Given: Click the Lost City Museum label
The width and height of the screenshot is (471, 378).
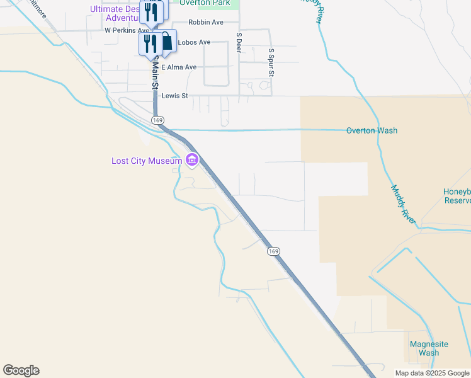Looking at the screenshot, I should coord(147,161).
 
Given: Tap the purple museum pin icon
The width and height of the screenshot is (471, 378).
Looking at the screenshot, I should coord(192,161).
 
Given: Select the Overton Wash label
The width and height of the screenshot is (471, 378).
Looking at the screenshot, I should coord(372,130).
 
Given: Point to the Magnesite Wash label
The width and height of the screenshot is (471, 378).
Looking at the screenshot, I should coord(428,348).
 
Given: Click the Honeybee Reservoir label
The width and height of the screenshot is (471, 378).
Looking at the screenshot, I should coord(457,196).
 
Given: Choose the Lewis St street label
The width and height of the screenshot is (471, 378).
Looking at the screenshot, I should coord(175,96).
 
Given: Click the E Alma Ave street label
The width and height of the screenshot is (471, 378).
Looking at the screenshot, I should coord(179,67).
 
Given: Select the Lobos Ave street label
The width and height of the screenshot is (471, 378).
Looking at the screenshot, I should coord(194,42).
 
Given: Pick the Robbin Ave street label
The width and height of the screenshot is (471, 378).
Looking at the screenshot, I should coord(205,22).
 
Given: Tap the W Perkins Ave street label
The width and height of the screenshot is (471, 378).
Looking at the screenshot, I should coord(127,30).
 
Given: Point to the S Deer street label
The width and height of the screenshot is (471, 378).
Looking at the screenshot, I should coord(239,43).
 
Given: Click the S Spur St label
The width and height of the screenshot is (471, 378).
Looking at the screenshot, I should coord(271,62).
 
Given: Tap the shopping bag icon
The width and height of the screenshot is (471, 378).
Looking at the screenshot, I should coord(166,42).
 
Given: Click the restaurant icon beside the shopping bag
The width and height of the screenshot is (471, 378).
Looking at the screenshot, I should coord(150,43).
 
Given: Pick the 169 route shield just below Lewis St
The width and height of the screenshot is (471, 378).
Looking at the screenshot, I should coord(157,120).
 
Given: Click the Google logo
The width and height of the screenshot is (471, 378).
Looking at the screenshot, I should coord(21,370).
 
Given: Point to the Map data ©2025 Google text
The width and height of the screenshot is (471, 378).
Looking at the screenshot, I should coord(431,373).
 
